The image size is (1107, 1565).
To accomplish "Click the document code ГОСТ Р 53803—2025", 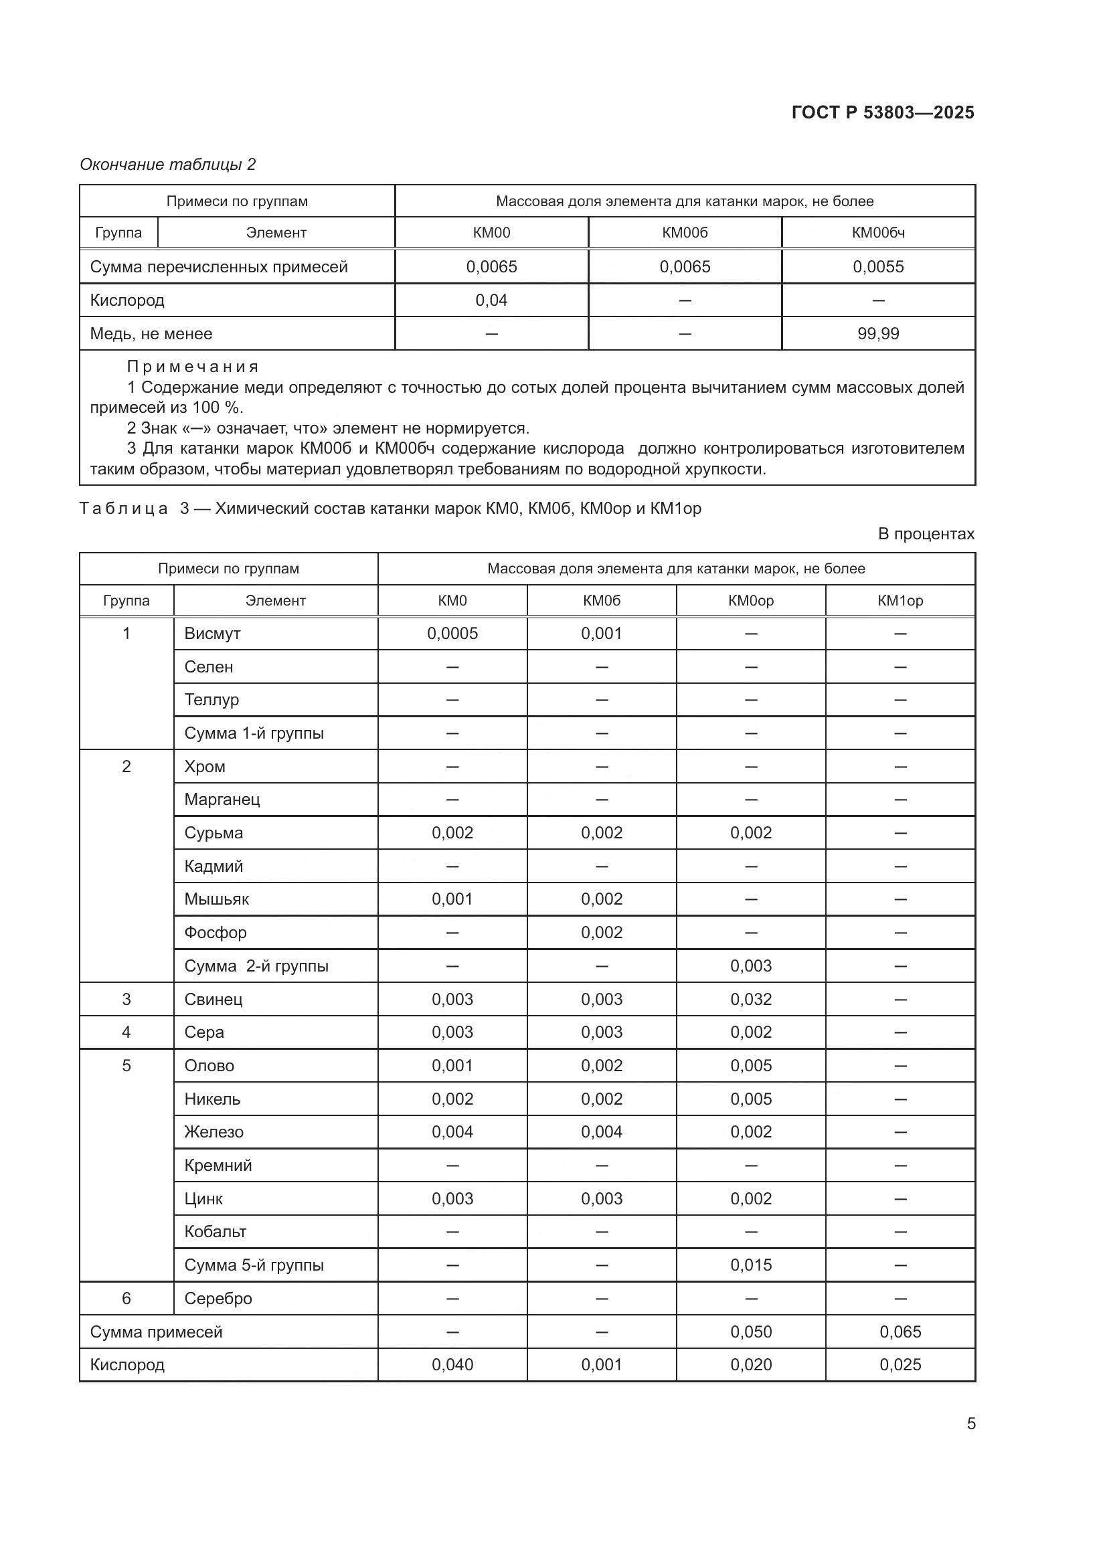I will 883,112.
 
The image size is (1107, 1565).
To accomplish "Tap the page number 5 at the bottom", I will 971,1424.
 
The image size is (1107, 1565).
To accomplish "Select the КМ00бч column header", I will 878,232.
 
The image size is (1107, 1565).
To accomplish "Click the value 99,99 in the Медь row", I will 878,333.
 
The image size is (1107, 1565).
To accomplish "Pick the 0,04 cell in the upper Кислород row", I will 491,300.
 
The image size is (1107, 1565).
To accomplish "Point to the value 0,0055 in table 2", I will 878,266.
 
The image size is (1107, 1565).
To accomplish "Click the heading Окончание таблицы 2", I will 168,165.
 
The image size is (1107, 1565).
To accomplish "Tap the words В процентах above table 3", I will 926,534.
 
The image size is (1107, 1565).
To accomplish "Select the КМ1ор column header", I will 900,600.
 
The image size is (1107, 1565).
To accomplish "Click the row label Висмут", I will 212,633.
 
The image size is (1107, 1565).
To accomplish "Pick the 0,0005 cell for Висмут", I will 452,633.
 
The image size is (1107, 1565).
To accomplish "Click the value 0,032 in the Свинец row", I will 750,999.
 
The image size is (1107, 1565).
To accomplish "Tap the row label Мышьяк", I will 216,899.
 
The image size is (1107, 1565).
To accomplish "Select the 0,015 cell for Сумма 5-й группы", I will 750,1265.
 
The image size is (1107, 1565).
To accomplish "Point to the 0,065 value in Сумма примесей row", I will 900,1332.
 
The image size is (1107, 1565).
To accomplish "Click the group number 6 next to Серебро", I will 126,1299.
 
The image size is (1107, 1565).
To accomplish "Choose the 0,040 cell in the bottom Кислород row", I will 452,1364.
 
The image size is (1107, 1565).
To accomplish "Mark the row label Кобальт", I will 215,1232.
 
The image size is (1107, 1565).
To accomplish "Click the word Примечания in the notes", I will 193,367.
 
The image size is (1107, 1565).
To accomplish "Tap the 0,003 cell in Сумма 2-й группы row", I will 750,966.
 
